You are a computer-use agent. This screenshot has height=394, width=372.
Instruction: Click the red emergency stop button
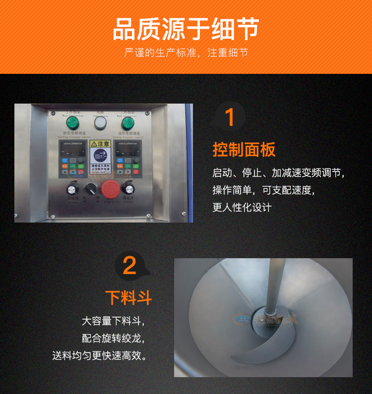click(x=109, y=188)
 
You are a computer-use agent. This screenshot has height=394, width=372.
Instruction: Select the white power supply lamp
click(x=101, y=122)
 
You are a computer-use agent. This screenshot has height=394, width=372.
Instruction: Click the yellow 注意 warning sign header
click(x=101, y=144)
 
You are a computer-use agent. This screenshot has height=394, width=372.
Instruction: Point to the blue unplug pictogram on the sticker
click(x=101, y=155)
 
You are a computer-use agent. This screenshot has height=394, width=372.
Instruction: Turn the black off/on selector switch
click(x=90, y=188)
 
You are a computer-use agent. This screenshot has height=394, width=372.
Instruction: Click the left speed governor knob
click(x=72, y=188)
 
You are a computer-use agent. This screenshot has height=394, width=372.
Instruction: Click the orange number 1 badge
click(x=229, y=118)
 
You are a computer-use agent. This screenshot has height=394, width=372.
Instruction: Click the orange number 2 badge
click(x=129, y=266)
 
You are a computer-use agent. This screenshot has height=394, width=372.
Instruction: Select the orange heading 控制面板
click(x=244, y=149)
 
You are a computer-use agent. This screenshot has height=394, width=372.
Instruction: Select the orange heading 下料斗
click(x=128, y=298)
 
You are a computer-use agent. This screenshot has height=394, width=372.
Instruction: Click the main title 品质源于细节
click(x=186, y=29)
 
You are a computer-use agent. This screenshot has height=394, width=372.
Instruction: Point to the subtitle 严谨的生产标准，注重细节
click(x=186, y=53)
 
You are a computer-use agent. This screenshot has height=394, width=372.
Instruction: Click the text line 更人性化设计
click(x=242, y=208)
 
